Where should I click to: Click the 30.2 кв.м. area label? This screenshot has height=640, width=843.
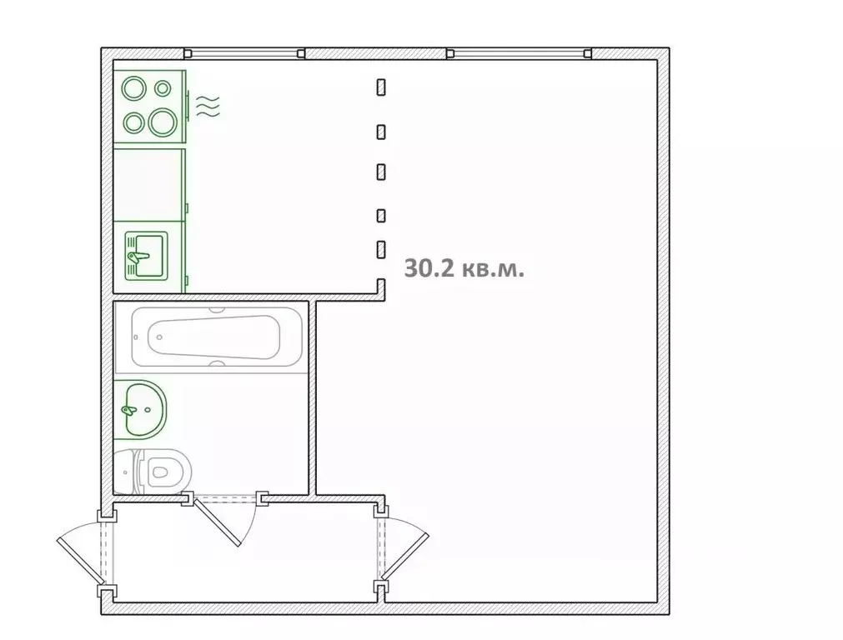[464, 267]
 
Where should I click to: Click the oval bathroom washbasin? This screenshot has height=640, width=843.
[140, 409]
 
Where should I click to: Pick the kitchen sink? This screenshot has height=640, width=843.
[146, 256]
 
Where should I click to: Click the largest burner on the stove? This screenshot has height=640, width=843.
[163, 122]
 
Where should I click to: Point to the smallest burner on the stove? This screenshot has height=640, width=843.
[163, 87]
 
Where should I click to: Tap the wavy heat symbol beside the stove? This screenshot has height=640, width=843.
[208, 107]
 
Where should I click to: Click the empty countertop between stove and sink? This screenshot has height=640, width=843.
[148, 185]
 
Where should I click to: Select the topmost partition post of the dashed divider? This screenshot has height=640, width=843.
[381, 87]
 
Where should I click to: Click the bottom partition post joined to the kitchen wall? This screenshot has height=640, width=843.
[381, 287]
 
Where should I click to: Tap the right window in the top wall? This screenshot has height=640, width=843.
[519, 53]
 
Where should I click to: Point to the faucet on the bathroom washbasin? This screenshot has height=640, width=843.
[129, 411]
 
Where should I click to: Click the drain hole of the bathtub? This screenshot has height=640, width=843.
[159, 337]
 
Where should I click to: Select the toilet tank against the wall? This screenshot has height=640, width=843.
[127, 472]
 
